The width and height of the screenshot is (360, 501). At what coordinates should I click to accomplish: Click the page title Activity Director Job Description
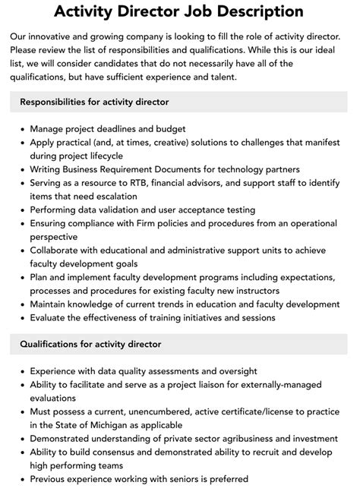point(179,12)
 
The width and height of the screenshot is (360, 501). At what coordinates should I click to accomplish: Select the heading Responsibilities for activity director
point(94,102)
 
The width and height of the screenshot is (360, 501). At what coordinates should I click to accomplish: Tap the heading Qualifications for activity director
point(90,344)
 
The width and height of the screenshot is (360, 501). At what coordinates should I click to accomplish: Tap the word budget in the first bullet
point(168,128)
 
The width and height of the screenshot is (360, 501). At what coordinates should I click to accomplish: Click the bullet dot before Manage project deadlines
point(20,129)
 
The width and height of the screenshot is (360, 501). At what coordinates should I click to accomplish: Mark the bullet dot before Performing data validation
point(20,210)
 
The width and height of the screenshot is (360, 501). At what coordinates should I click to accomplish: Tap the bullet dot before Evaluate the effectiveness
point(20,318)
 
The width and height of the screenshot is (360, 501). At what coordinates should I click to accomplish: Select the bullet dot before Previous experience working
point(20,480)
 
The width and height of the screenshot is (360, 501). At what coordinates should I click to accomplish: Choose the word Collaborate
point(58,250)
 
